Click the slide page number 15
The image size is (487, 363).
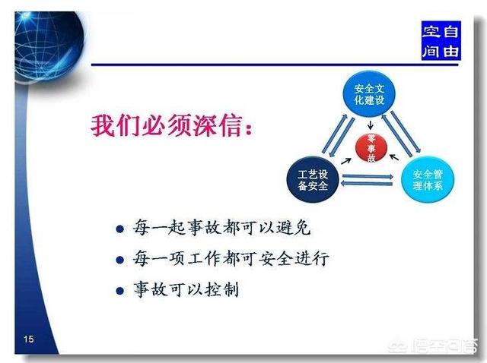pos(29,339)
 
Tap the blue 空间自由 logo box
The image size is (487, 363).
pos(441,40)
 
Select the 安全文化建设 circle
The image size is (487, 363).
pos(369,94)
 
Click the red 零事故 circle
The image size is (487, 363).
pos(371,148)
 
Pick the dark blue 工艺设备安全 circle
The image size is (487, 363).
pos(313,180)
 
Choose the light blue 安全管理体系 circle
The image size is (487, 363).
pos(428,180)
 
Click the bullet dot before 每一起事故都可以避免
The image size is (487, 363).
pos(119,229)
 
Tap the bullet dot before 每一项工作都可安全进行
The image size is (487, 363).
pos(119,260)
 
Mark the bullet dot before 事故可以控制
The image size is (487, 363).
pos(119,291)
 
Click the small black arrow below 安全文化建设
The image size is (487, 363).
pos(370,125)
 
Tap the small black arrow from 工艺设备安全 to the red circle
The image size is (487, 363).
pos(346,161)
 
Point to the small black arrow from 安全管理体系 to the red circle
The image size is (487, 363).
pos(394,157)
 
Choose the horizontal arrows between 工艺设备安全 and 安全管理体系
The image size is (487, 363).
pos(367,180)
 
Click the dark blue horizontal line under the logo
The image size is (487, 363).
pos(275,65)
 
